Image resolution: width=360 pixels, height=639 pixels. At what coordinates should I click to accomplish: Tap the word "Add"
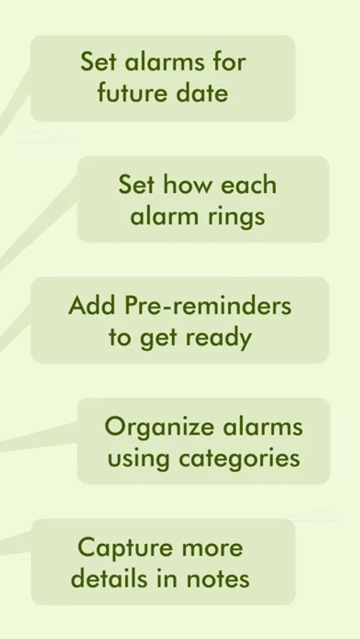click(x=92, y=305)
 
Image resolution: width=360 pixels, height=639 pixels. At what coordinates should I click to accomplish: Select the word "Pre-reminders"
click(x=208, y=305)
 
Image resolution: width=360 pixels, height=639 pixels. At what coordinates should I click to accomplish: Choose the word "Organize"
click(x=160, y=427)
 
